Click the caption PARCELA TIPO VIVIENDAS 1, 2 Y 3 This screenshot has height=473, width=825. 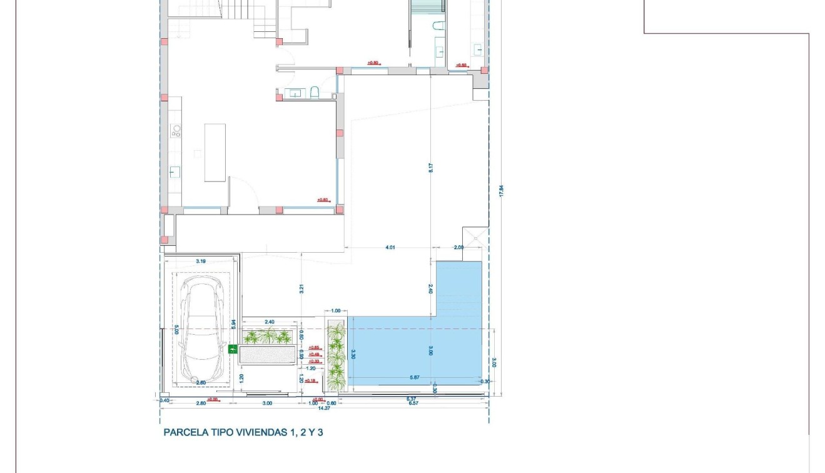pyautogui.click(x=243, y=432)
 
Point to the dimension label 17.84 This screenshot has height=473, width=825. pyautogui.click(x=501, y=190)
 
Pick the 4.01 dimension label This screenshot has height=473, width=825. pyautogui.click(x=390, y=247)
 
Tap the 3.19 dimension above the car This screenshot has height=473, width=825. pyautogui.click(x=201, y=261)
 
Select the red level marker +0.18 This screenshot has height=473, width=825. pyautogui.click(x=310, y=380)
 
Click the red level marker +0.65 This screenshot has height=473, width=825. pyautogui.click(x=314, y=347)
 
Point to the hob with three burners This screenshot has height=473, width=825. pyautogui.click(x=176, y=131)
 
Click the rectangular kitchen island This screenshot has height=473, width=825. pyautogui.click(x=215, y=153)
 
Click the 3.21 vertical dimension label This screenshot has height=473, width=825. pyautogui.click(x=301, y=289)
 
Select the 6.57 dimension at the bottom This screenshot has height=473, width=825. pyautogui.click(x=413, y=404)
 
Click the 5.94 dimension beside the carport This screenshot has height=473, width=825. pyautogui.click(x=234, y=324)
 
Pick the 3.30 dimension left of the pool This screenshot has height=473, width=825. pyautogui.click(x=353, y=355)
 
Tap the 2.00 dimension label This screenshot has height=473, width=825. pyautogui.click(x=458, y=247)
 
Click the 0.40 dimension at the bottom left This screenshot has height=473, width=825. pyautogui.click(x=164, y=400)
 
